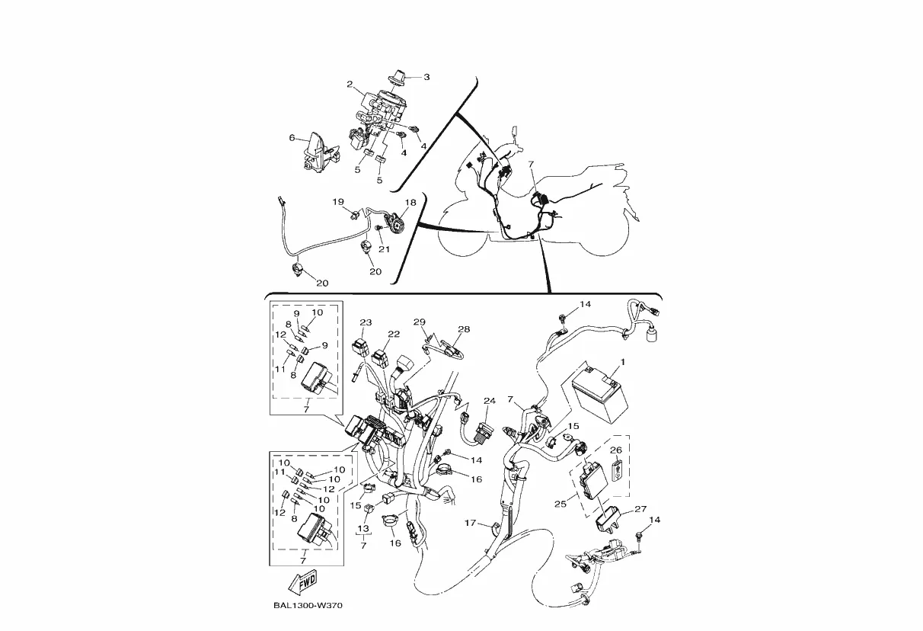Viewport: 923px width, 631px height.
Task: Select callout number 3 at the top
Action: point(426,77)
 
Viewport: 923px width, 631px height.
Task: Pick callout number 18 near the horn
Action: point(410,203)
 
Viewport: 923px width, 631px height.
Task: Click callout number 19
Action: point(338,202)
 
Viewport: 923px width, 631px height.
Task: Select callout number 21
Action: point(385,249)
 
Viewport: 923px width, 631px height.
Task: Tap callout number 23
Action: point(366,322)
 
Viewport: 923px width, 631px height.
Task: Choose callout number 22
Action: point(393,334)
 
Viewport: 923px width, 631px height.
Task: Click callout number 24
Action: point(490,401)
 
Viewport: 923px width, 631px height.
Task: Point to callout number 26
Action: point(616,450)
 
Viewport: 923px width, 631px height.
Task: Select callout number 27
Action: point(640,509)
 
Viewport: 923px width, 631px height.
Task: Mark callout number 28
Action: point(464,329)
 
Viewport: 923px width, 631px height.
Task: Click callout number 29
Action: point(419,322)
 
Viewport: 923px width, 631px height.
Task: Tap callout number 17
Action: point(471,524)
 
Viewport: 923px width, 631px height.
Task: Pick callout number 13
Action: point(363,528)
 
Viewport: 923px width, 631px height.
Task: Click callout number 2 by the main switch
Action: point(350,84)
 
